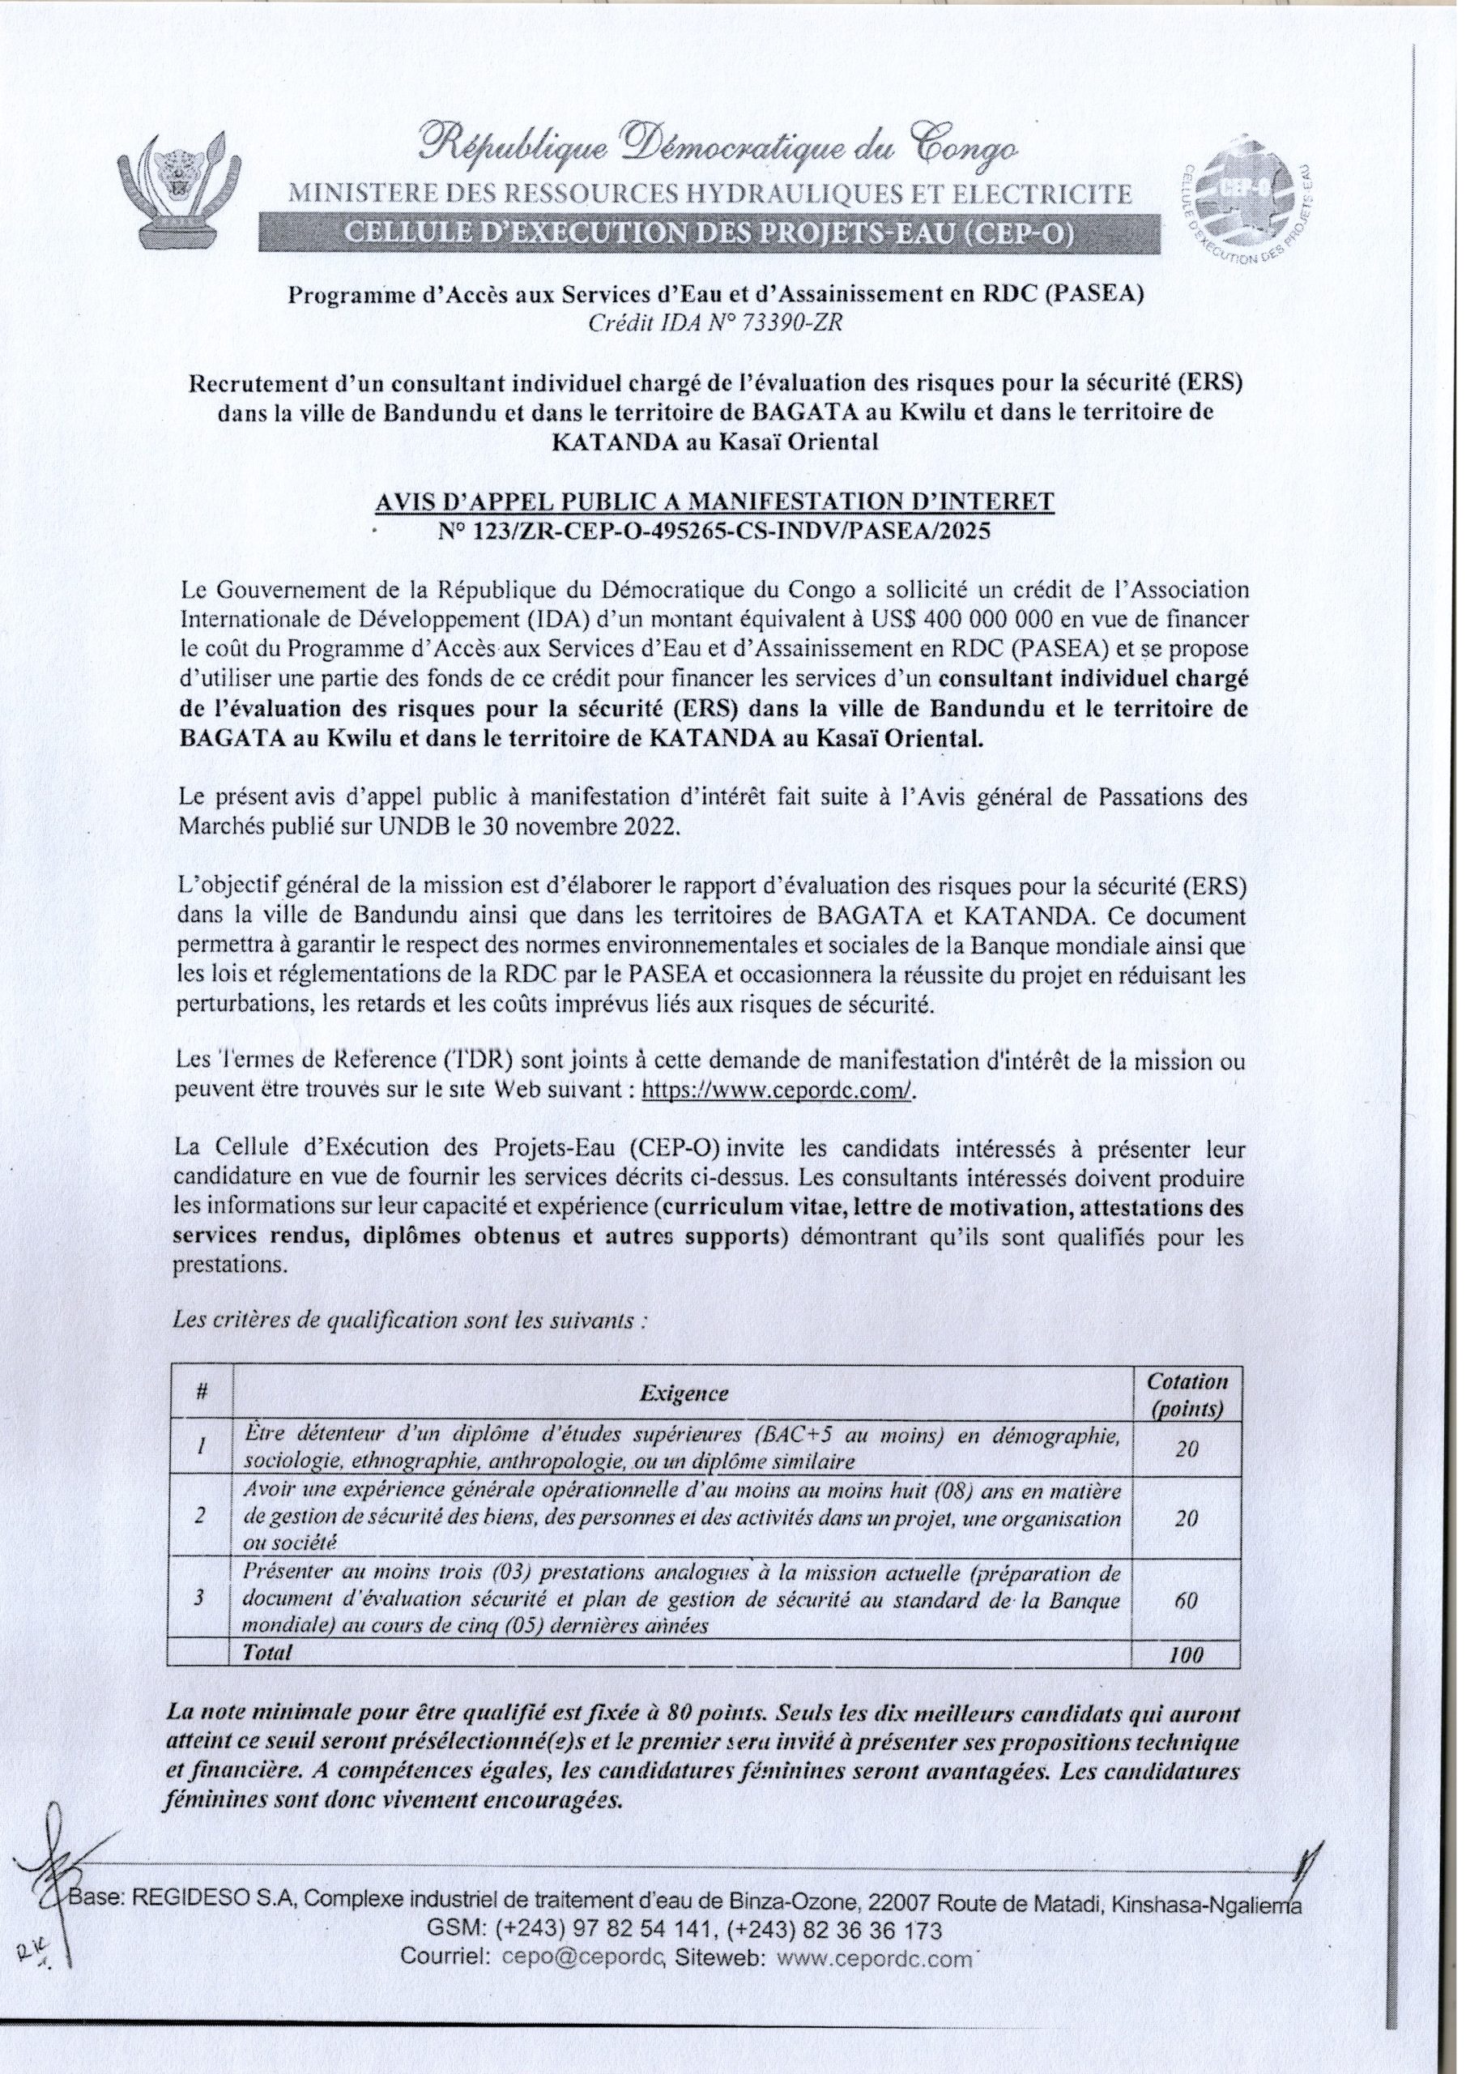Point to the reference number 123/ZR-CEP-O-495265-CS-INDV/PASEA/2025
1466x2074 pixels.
pos(714,531)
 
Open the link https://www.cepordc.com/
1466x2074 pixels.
pos(778,1090)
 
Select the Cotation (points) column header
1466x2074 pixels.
pos(1186,1393)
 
